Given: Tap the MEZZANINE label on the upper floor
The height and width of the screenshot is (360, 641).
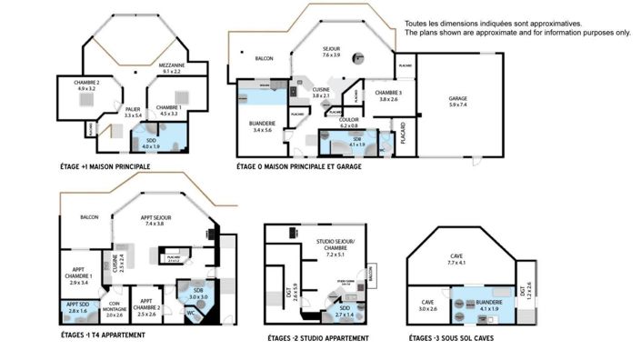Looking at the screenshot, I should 172,68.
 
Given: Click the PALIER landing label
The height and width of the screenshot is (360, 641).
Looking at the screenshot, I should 134,113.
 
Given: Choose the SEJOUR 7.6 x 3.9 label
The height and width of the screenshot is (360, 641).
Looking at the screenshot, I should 331,52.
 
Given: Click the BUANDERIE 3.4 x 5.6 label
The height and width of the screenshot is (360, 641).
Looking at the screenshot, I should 263,125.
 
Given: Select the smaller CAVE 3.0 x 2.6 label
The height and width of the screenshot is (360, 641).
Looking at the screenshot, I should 427,305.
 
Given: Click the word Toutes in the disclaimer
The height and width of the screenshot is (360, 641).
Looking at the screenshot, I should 416,24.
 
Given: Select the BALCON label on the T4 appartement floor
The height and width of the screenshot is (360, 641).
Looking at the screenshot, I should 89,217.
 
